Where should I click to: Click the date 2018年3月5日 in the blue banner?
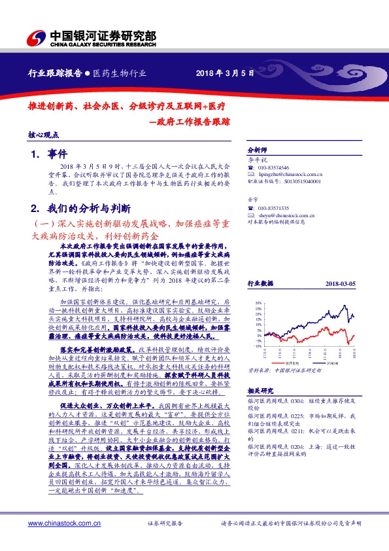[224, 74]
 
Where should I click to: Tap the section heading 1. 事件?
[50, 154]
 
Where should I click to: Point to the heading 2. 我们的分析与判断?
[82, 208]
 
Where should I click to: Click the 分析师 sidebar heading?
[258, 150]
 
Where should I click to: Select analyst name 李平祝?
[258, 160]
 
